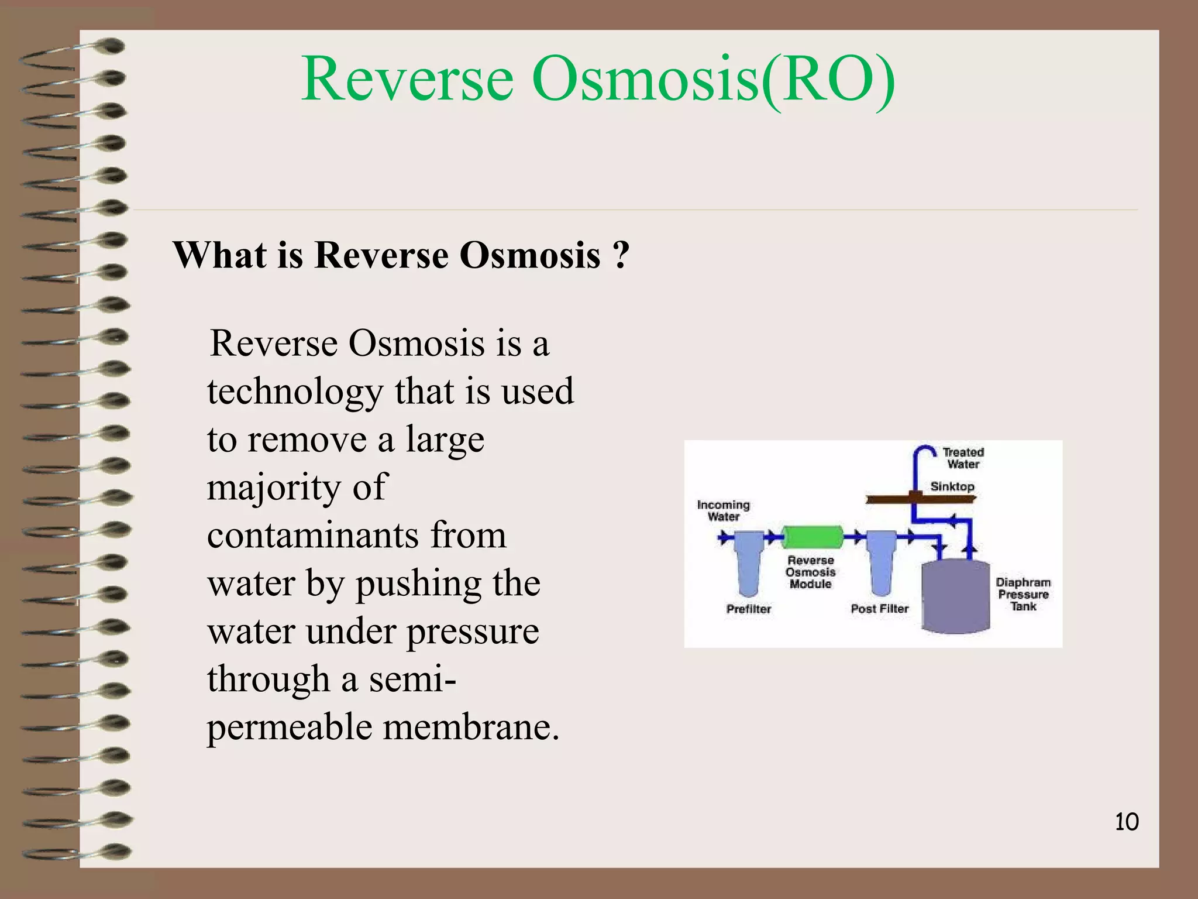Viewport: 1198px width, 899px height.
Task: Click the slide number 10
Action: point(1127,822)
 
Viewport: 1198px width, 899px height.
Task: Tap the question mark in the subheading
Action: point(621,255)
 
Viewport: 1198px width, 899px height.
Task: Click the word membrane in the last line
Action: point(471,728)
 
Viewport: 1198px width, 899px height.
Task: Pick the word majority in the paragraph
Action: point(271,487)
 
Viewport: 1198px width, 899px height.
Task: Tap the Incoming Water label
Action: point(723,510)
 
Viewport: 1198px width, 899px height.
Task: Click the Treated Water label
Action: point(963,458)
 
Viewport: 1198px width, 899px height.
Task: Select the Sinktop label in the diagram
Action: point(952,486)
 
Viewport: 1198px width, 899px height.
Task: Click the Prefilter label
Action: point(748,609)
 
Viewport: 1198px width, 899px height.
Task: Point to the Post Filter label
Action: point(879,609)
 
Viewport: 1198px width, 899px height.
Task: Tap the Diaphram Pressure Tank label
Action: point(1023,594)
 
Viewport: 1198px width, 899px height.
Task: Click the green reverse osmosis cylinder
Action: point(813,536)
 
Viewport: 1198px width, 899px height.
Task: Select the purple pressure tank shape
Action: point(955,597)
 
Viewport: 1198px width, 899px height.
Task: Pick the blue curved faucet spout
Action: point(924,454)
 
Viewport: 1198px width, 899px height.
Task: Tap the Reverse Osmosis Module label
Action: point(810,572)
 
